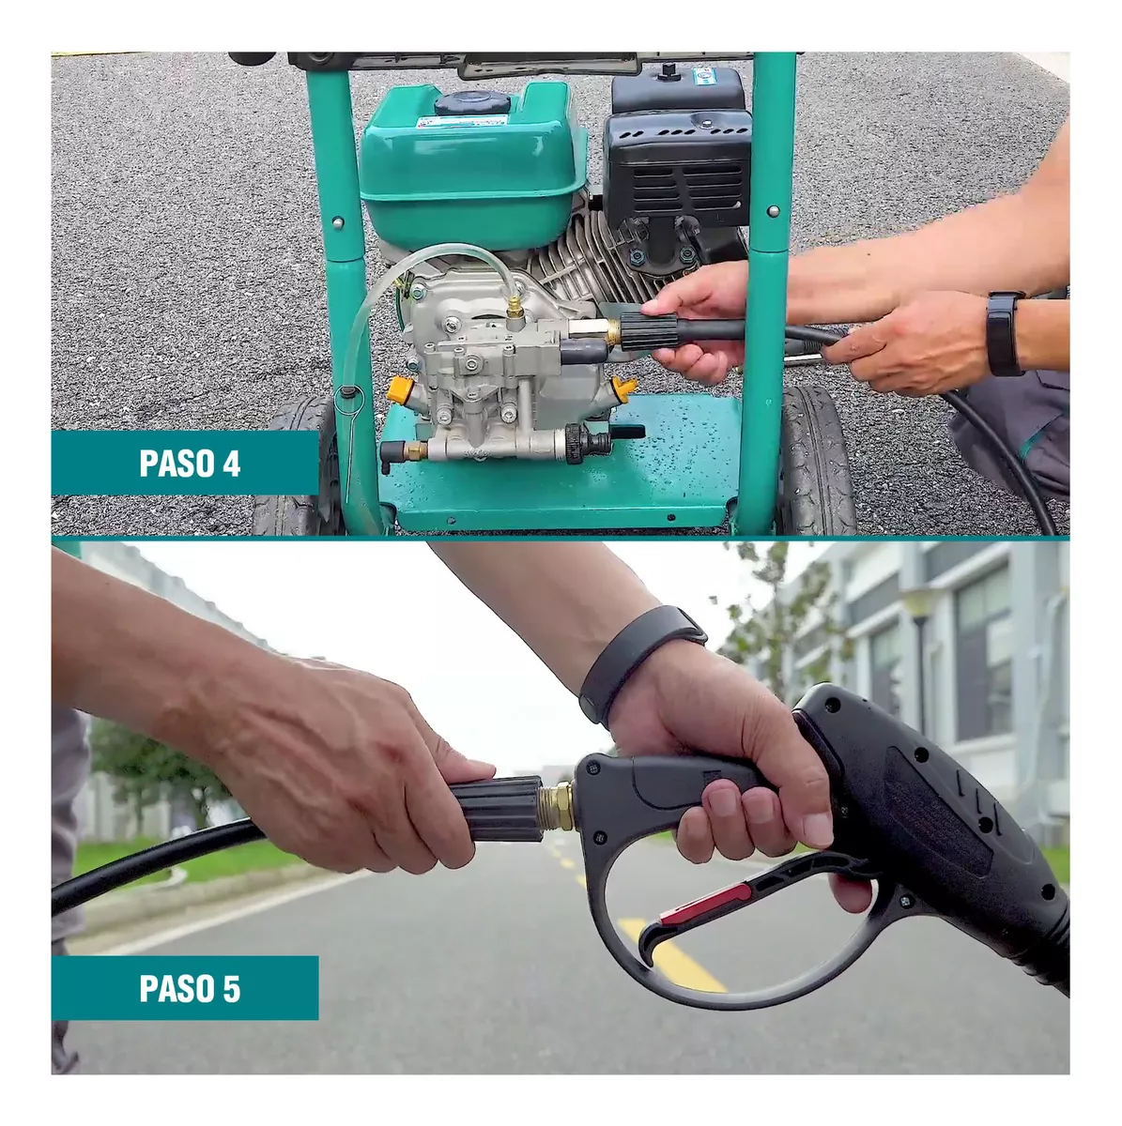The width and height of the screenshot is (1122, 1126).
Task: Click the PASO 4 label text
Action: click(x=190, y=464)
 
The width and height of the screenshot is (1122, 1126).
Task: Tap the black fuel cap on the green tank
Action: click(x=471, y=103)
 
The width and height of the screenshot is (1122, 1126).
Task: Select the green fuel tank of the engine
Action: click(x=472, y=166)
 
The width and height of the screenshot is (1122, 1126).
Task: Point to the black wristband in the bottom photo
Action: click(x=640, y=663)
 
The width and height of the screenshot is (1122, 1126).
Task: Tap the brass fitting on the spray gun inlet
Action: click(x=559, y=806)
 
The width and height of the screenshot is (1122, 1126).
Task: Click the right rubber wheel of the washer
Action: click(x=818, y=460)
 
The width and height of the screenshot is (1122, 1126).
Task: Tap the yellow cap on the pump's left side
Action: click(x=401, y=388)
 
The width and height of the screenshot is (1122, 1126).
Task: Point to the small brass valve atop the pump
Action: click(x=515, y=307)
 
